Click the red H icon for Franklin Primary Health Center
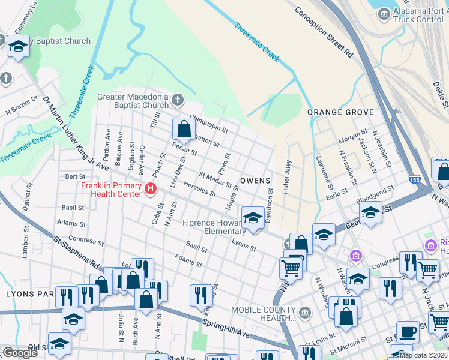click(x=151, y=190)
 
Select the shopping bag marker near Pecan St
click(x=184, y=129)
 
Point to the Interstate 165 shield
click(x=415, y=179)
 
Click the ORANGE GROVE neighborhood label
click(x=340, y=112)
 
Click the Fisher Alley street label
click(x=287, y=176)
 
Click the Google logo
click(x=20, y=352)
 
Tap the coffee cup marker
click(x=408, y=331)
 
